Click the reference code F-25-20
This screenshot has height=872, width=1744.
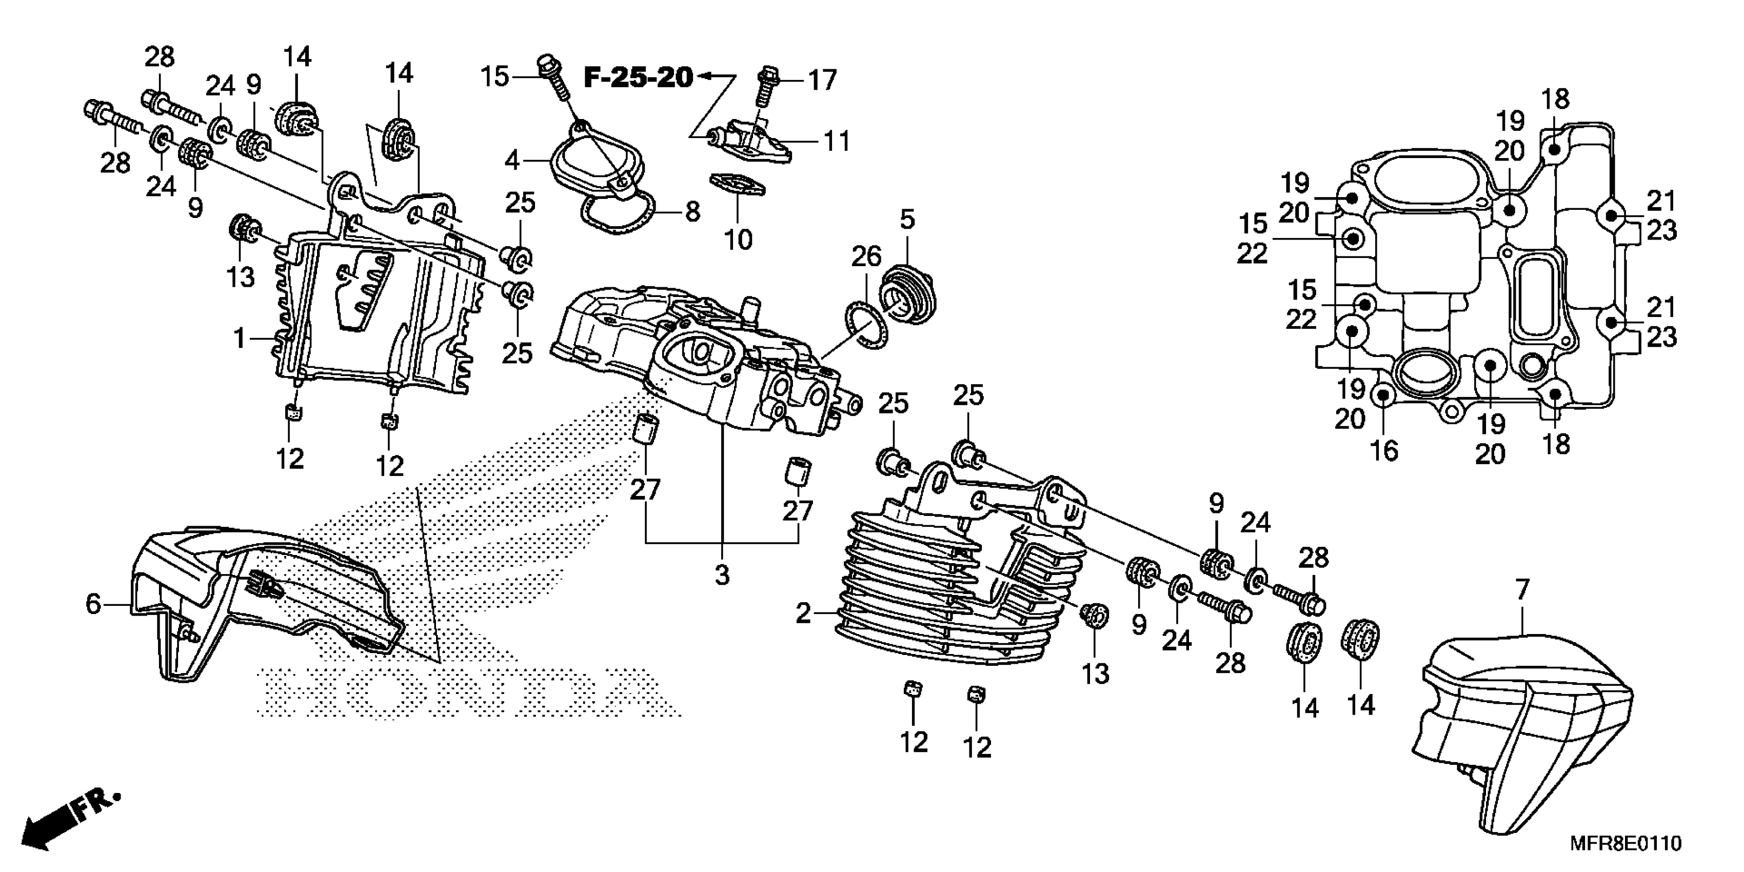point(639,78)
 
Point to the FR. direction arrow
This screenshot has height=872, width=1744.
point(68,819)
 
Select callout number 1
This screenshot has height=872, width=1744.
point(239,338)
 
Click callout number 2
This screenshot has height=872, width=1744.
point(803,614)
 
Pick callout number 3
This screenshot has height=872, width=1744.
point(722,575)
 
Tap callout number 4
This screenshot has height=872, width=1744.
point(512,161)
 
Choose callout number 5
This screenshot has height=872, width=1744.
point(907,220)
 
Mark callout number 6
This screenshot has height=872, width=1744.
point(93,603)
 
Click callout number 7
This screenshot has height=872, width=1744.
point(1522,590)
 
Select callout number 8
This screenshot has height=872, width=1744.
point(692,212)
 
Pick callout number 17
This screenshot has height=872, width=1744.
point(823,81)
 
